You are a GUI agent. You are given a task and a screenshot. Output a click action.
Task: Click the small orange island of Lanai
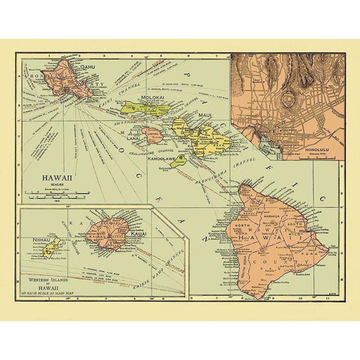coord(152,135)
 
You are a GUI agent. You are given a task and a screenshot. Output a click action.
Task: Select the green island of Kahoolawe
coord(178,160)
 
